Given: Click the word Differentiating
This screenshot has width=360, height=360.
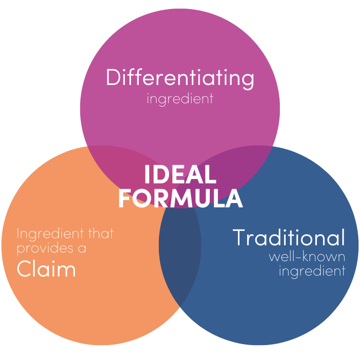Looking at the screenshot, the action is pos(180,78).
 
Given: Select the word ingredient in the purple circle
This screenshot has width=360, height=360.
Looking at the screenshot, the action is pos(180,99).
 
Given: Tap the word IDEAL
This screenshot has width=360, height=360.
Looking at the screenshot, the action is pos(180,175).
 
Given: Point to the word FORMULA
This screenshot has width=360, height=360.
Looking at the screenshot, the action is pos(180,198).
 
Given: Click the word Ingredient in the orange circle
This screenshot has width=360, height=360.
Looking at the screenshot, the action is pos(50,234).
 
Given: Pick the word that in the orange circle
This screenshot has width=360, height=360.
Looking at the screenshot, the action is pos(101,233).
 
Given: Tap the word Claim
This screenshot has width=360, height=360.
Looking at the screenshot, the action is pos(46,269).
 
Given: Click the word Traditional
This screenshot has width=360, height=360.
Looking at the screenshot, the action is pos(289,238).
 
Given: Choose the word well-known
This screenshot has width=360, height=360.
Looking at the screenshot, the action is pos(307,256).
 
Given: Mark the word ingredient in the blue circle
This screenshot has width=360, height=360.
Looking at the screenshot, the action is pos(312,271).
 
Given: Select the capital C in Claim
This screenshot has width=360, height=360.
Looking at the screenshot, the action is pos(24,269).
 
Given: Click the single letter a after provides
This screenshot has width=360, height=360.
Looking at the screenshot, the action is pos(82,249).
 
